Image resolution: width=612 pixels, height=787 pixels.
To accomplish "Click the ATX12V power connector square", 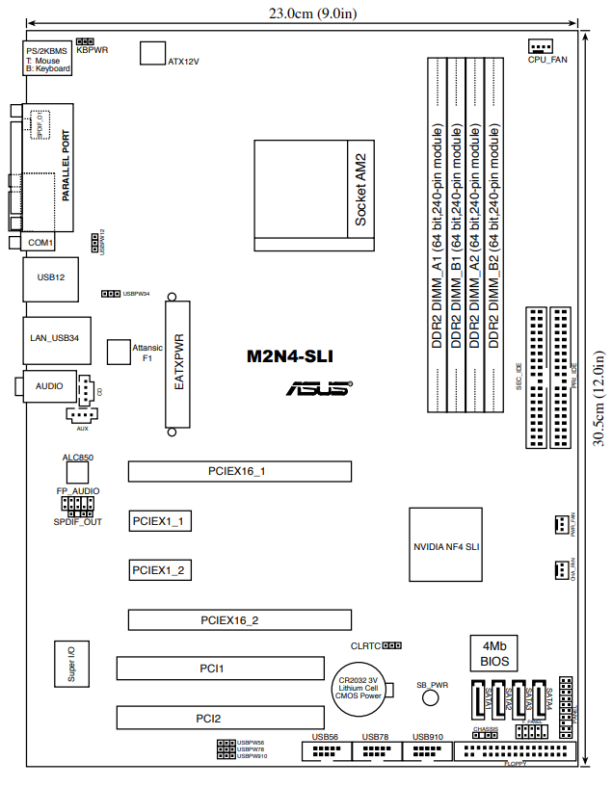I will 153,53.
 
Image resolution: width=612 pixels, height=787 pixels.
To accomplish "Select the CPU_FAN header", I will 542,47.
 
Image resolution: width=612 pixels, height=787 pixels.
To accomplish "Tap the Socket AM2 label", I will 360,189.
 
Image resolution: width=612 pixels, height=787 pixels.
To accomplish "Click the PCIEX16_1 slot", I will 237,471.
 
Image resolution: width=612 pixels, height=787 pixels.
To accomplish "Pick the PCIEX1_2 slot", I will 162,570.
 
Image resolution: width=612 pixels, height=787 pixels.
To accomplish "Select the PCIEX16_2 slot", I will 230,620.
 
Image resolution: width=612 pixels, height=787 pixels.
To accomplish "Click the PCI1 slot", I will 220,667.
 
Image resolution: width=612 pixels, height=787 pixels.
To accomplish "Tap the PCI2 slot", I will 220,718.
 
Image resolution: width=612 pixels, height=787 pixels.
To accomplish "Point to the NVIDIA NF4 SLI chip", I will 445,545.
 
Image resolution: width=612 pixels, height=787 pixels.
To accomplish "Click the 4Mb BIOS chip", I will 494,653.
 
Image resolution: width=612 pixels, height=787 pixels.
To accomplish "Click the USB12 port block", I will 49,277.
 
